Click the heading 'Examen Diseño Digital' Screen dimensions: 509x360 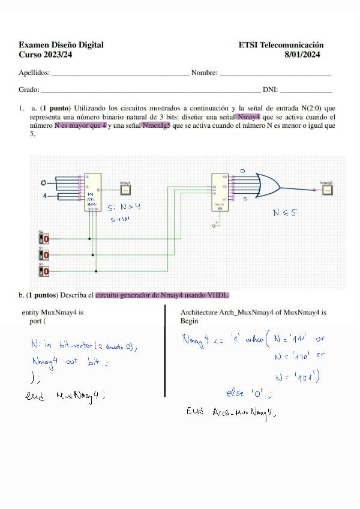[x=61, y=45]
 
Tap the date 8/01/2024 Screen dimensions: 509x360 [x=304, y=55]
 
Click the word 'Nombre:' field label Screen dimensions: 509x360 [x=204, y=73]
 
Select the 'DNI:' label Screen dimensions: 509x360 [x=270, y=90]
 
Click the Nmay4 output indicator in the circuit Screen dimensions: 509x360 [x=126, y=190]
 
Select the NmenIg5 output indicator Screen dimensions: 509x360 [x=326, y=190]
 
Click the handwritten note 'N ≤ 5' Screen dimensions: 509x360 [x=284, y=212]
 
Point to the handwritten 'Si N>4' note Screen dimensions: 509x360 [x=123, y=208]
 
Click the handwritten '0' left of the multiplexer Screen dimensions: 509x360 [x=43, y=182]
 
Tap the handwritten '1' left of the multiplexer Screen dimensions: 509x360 [x=44, y=196]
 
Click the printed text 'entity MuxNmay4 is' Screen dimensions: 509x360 [x=52, y=313]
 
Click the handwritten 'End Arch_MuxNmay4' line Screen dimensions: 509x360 [x=231, y=412]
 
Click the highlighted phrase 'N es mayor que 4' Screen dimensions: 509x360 [x=80, y=125]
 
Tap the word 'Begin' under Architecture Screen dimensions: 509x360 [x=189, y=321]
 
